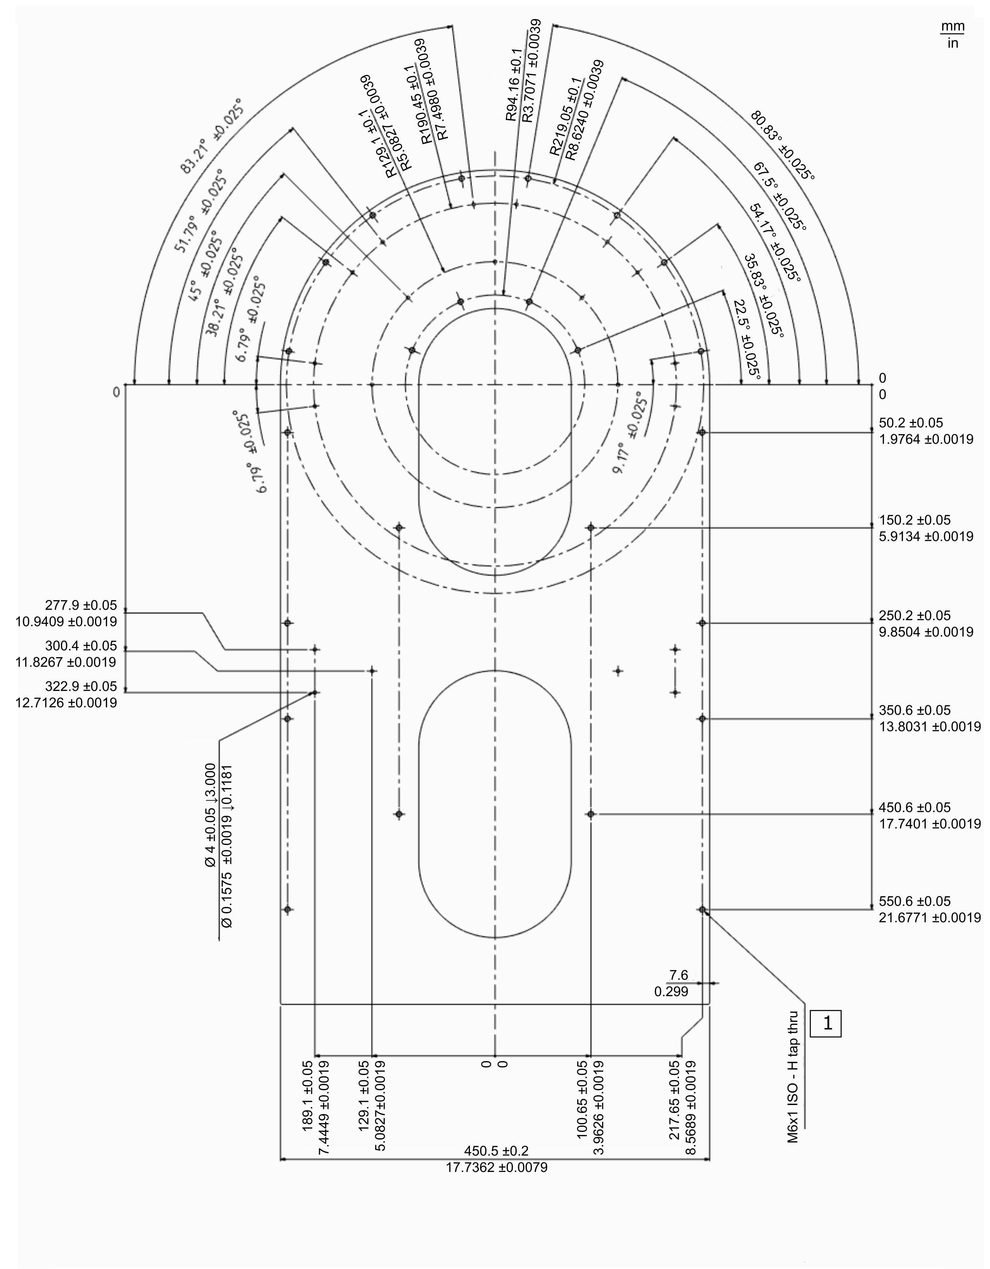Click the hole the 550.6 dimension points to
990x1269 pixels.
(x=702, y=909)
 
